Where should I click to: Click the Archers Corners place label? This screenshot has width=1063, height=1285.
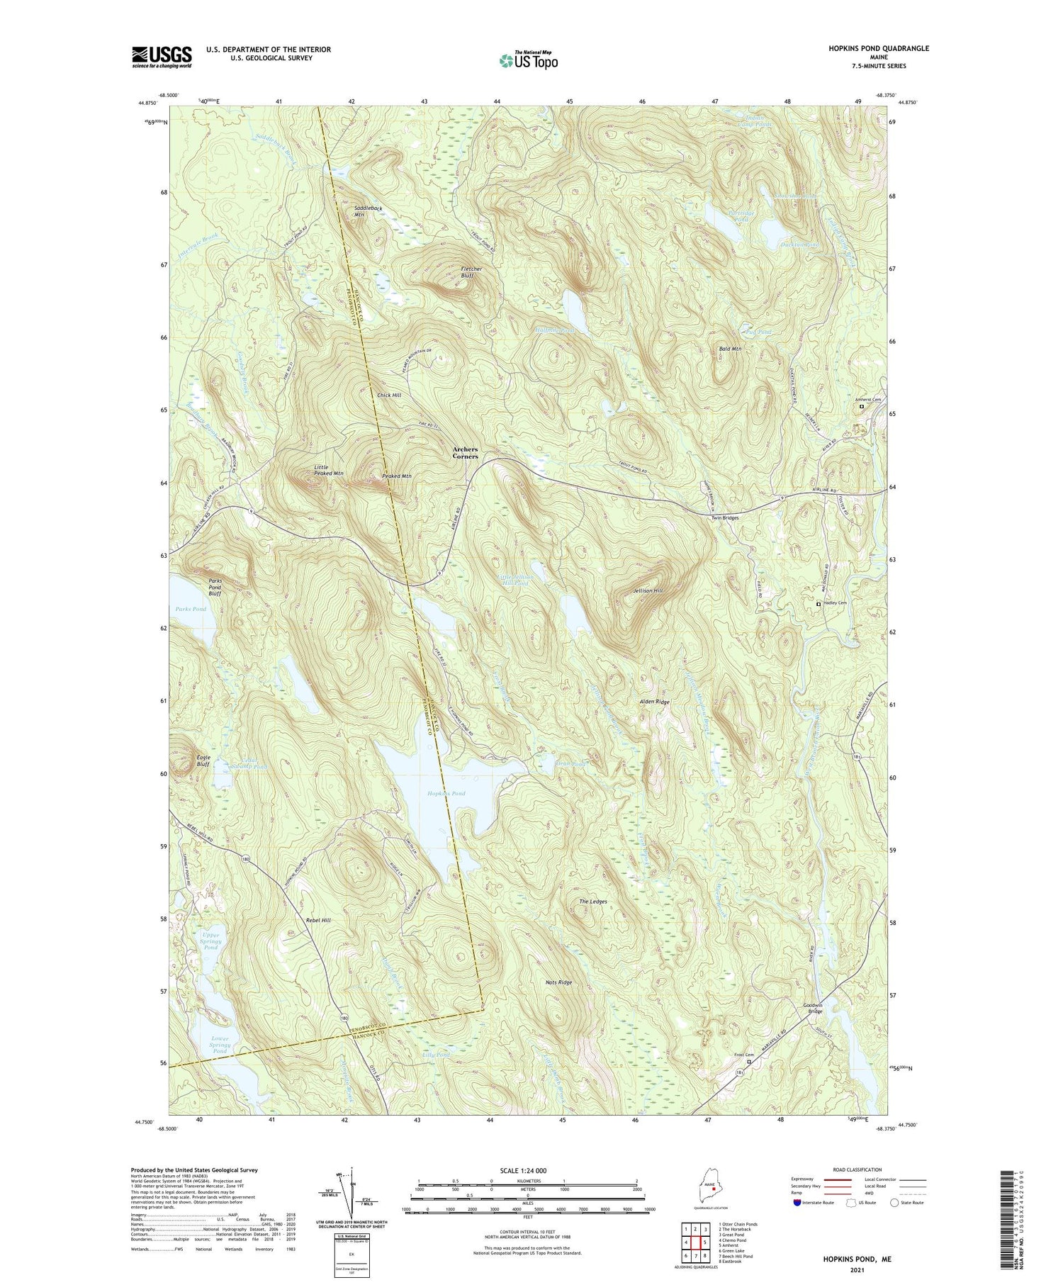pyautogui.click(x=466, y=453)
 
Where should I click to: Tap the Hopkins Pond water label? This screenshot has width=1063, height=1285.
pyautogui.click(x=446, y=794)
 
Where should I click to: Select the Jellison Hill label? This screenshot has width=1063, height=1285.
pyautogui.click(x=648, y=590)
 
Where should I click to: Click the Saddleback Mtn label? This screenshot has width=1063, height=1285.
pyautogui.click(x=368, y=211)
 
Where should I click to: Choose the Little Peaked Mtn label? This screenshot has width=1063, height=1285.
pyautogui.click(x=329, y=469)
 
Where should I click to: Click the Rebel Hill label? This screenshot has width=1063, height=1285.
pyautogui.click(x=318, y=920)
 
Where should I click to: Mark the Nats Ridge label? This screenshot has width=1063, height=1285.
pyautogui.click(x=558, y=982)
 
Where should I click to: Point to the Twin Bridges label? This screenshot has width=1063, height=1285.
pyautogui.click(x=725, y=518)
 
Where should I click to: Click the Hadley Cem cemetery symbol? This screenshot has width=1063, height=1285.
pyautogui.click(x=819, y=604)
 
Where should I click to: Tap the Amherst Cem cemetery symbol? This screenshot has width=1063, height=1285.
pyautogui.click(x=862, y=407)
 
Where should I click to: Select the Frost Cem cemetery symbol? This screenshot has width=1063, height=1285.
pyautogui.click(x=749, y=1062)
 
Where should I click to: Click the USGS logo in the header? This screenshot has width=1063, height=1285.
pyautogui.click(x=162, y=57)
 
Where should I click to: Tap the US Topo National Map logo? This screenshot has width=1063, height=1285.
pyautogui.click(x=529, y=60)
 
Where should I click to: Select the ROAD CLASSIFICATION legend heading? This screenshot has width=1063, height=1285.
pyautogui.click(x=857, y=1169)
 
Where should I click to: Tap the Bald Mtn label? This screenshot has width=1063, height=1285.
pyautogui.click(x=730, y=349)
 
